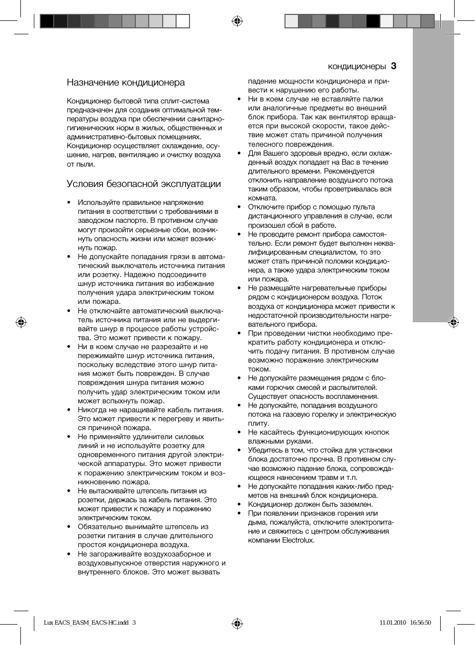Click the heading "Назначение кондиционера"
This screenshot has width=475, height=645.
pos(126,83)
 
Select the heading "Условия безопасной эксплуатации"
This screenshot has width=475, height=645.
pos(144,184)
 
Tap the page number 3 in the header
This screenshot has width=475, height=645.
pos(393,66)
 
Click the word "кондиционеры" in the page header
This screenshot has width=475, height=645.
pos(357,67)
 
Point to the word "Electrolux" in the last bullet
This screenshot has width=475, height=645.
pos(298,541)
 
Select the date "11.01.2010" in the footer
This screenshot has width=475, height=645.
pos(393,623)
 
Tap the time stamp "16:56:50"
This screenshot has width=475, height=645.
pos(421,623)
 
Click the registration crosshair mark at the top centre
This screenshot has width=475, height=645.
pos(237,21)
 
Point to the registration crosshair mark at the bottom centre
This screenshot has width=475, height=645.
pos(237,623)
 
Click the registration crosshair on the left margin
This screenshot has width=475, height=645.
pos(21,322)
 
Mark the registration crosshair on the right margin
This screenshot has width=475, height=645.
pos(453,322)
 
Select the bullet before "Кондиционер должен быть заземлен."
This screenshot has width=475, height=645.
pos(239,504)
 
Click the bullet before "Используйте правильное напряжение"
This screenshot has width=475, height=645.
pos(69,203)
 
